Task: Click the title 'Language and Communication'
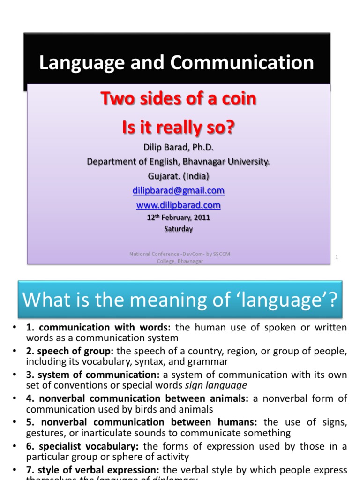pos(177,63)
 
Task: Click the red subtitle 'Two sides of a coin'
pos(179,99)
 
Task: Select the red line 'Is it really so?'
pos(179,127)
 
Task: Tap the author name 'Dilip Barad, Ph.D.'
pos(178,148)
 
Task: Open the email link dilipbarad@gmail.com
pos(178,191)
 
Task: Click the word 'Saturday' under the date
pos(178,229)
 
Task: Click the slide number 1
pos(337,257)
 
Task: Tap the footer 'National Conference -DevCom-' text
pos(180,254)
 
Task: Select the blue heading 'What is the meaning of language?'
pos(180,300)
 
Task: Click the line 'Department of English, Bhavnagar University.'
pos(178,162)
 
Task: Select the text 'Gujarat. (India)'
pos(178,177)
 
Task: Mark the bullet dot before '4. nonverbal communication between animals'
pos(15,399)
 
